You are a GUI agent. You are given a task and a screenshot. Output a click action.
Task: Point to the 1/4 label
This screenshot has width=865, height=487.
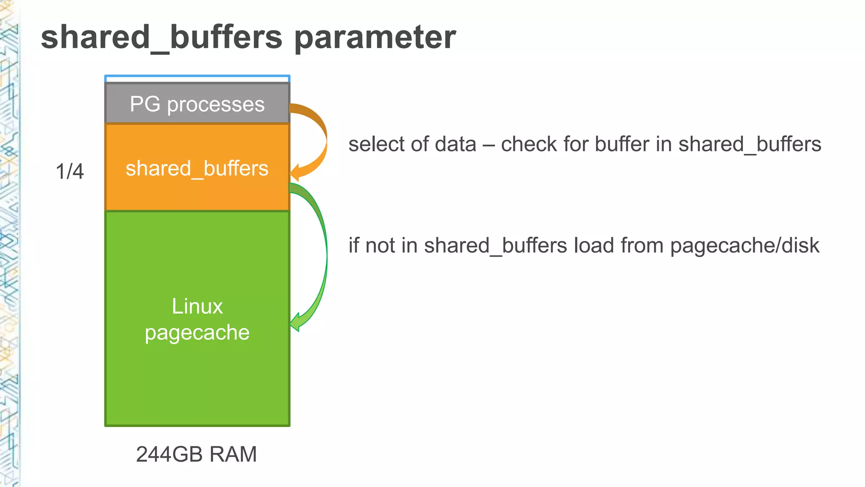pos(70,172)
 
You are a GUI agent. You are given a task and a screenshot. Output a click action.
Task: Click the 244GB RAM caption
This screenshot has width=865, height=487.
pos(196,454)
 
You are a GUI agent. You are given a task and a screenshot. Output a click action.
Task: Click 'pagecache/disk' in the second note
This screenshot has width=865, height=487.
pos(745,246)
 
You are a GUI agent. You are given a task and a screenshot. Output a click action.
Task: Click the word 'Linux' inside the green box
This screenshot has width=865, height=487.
pos(197,306)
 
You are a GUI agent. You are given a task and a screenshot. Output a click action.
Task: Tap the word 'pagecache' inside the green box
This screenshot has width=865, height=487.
pos(197,333)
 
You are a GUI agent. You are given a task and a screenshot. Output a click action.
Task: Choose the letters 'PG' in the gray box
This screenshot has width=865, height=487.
pos(145,104)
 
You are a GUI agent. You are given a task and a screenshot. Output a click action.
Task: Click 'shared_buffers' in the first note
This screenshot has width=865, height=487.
pos(750,144)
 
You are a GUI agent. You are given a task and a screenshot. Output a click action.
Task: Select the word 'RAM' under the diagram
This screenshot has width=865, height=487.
pos(233,454)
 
